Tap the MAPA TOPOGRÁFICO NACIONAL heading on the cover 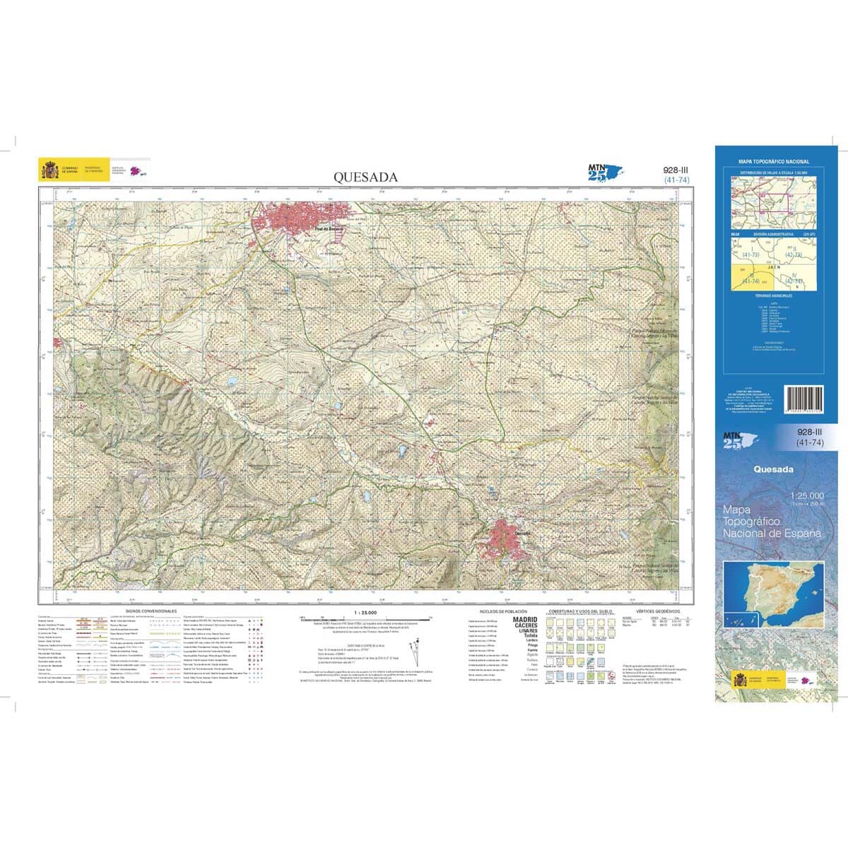(774, 162)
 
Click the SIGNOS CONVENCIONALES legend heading (151, 611)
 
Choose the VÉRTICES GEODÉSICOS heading (657, 611)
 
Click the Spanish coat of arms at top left (49, 170)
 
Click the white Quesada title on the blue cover (773, 469)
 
